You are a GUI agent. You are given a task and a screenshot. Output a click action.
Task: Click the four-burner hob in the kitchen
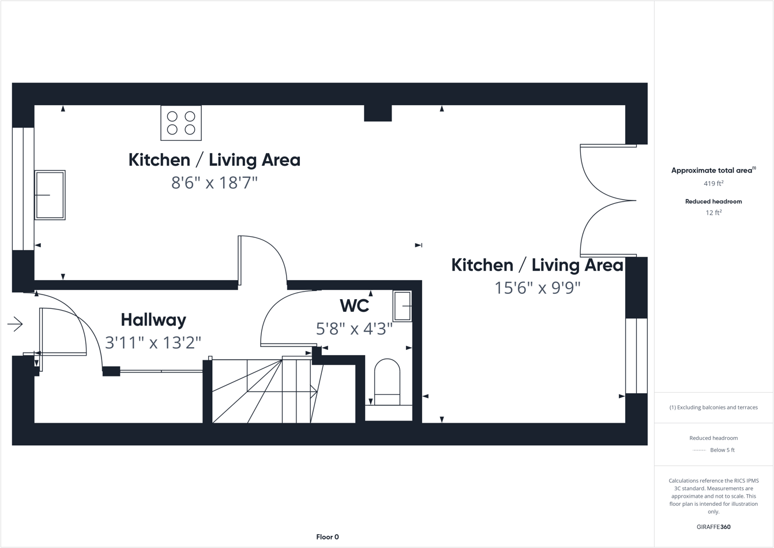(181, 122)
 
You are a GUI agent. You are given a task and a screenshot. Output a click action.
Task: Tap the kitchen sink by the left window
(50, 195)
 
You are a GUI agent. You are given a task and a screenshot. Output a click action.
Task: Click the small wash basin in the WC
(402, 305)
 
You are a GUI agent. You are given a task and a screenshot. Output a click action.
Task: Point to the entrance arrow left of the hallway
(15, 325)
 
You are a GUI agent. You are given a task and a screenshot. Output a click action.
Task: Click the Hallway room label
(153, 320)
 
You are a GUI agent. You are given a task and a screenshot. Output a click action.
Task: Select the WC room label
(354, 305)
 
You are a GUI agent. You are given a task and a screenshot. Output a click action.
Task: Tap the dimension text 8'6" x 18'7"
(214, 183)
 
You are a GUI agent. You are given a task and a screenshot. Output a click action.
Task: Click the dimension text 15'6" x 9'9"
(537, 288)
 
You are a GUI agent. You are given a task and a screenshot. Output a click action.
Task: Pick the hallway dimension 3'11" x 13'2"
(153, 343)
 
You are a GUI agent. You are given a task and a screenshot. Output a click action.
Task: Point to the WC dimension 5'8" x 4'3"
(354, 329)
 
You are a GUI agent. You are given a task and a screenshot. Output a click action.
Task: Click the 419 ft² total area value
(713, 184)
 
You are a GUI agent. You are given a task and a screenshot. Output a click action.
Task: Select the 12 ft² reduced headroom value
(713, 213)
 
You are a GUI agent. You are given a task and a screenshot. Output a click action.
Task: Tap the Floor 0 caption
(328, 537)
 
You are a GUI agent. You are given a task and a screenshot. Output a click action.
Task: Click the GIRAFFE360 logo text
(713, 527)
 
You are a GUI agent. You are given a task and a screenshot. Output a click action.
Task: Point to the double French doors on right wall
(608, 201)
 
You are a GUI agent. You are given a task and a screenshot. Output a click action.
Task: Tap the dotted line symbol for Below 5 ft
(699, 450)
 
